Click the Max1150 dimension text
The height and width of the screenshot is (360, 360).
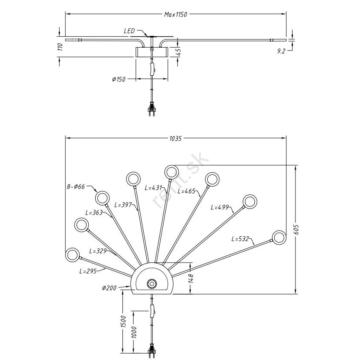175,14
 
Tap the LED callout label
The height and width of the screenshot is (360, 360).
129,31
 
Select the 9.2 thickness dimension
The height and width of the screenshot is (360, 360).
281,51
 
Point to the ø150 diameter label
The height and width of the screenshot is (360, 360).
118,79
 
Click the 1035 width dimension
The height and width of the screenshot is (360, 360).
175,139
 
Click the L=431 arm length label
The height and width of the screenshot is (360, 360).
153,188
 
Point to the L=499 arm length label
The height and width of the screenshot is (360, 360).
219,207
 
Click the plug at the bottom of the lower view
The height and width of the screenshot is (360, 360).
151,350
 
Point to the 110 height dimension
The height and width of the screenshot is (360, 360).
60,47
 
